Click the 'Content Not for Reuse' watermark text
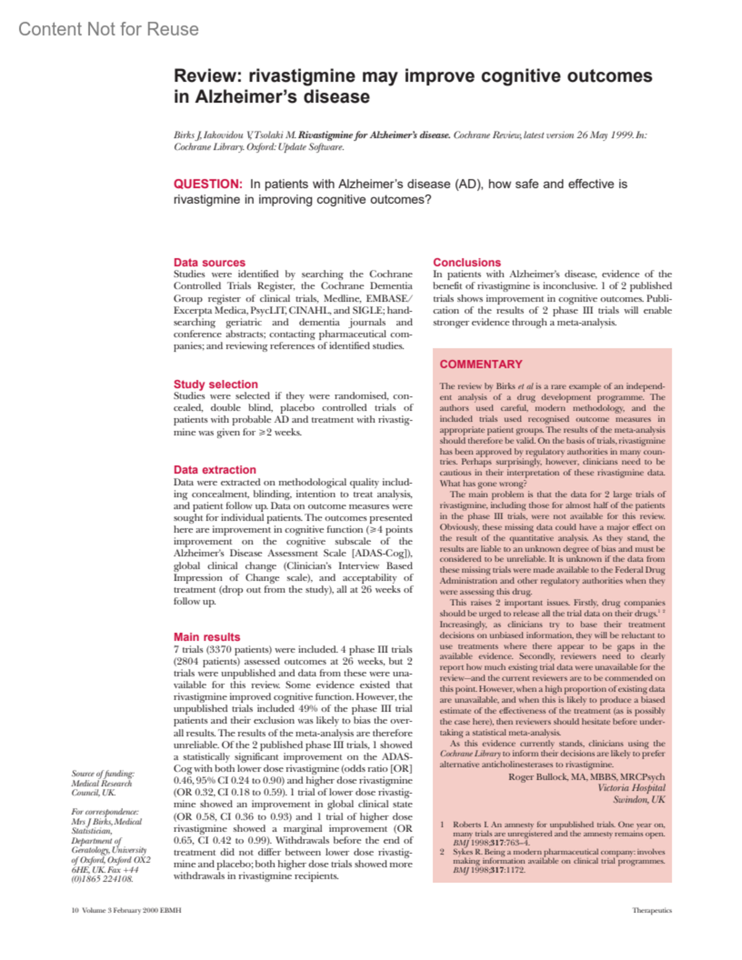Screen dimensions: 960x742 108,29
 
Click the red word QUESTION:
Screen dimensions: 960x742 208,184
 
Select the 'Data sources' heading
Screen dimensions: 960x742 209,263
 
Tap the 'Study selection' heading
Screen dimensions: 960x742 215,384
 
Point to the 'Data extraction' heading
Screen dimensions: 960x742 215,470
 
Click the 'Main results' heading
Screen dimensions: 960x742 207,637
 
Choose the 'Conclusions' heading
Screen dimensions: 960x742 467,263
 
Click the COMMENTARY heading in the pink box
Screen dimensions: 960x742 481,365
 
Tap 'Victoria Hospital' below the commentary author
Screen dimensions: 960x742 631,788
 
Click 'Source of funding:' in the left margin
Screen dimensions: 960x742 103,774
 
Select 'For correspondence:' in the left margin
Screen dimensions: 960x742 104,812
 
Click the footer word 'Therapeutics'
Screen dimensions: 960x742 652,911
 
